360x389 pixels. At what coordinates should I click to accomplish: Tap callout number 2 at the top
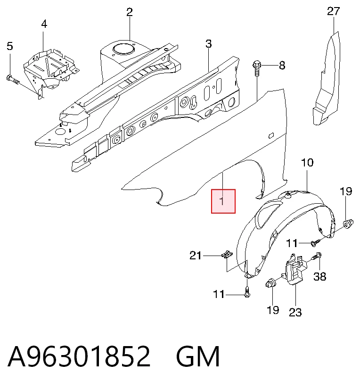click(130, 12)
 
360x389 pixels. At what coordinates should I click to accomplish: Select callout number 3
click(209, 44)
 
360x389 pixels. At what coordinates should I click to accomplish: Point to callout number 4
click(44, 24)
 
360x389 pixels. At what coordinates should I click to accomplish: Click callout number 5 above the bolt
click(10, 46)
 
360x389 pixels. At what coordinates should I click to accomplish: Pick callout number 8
click(282, 66)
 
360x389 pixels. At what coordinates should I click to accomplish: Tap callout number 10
click(307, 163)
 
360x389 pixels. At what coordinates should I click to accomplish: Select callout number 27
click(333, 11)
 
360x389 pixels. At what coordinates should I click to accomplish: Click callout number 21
click(196, 255)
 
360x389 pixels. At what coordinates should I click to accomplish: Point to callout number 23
click(295, 312)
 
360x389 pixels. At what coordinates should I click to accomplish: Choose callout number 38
click(319, 276)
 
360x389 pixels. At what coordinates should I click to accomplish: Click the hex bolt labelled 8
click(256, 68)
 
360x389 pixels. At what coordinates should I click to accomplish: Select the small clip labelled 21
click(227, 255)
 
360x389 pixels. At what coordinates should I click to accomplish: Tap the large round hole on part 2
click(124, 49)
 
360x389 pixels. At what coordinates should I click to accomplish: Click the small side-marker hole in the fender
click(271, 135)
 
